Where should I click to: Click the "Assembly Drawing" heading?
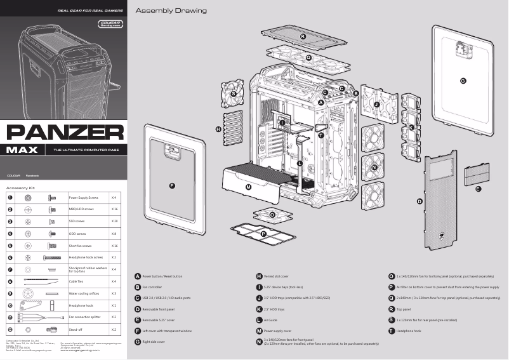pos(171,11)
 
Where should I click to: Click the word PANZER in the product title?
pos(65,133)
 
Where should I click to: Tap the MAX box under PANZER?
pos(23,150)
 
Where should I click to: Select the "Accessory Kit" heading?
pos(20,188)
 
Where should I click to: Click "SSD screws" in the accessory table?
pos(77,222)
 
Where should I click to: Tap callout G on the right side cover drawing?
pos(463,81)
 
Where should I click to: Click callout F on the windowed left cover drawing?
pos(172,185)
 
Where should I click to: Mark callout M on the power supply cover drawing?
pos(248,187)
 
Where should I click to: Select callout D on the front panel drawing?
pos(420,201)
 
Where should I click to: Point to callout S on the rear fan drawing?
pos(234,94)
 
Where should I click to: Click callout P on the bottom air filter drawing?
pos(264,234)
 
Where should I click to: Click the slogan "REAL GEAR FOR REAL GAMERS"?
pos(89,11)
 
